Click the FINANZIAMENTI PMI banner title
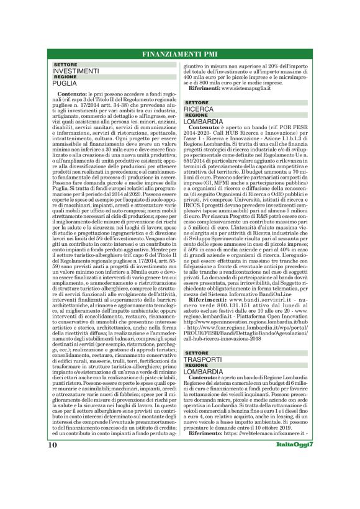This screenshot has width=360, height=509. (x=179, y=54)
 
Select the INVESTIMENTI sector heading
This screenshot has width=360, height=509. (x=76, y=71)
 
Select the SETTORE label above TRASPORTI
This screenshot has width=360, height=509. (x=197, y=353)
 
